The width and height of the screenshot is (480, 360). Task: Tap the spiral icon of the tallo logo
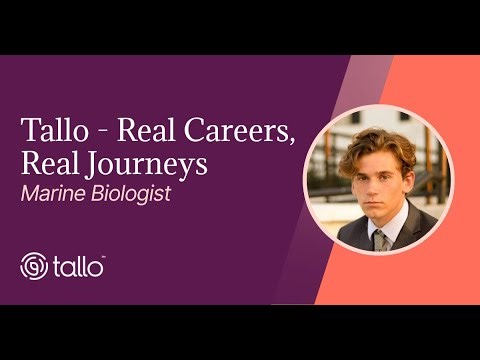click(35, 266)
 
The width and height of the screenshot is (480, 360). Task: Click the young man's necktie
click(380, 238)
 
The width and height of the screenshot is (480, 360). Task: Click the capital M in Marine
click(30, 193)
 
